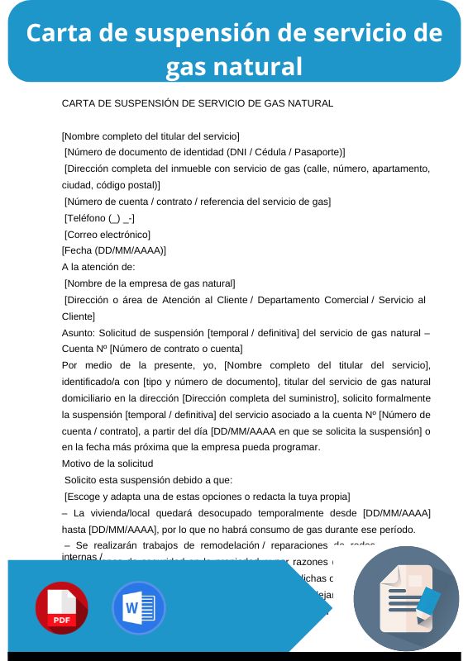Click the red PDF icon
[x=61, y=608]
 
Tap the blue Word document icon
[x=139, y=608]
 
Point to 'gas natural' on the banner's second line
[x=234, y=65]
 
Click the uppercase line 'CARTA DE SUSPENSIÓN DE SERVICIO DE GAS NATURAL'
[x=198, y=103]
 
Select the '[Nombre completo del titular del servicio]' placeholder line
[x=150, y=136]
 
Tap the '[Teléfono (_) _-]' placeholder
[x=100, y=218]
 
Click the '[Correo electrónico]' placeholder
[x=107, y=235]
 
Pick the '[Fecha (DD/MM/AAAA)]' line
[x=114, y=250]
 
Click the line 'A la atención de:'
[x=98, y=267]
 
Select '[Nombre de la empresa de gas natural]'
[x=150, y=283]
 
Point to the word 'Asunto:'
[x=79, y=332]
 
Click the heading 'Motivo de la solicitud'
[x=107, y=464]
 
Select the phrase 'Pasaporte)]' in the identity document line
[x=320, y=152]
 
